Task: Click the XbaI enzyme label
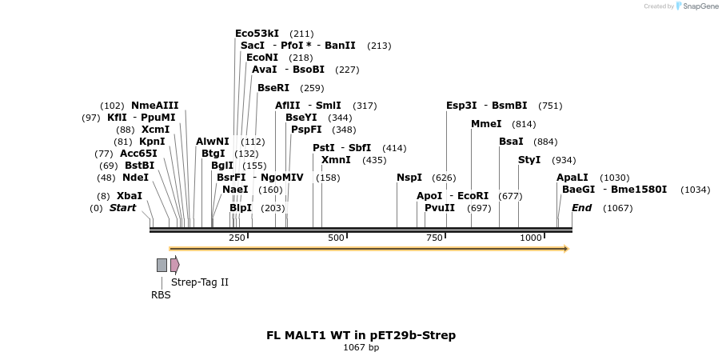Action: pyautogui.click(x=129, y=196)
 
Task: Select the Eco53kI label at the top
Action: pyautogui.click(x=257, y=34)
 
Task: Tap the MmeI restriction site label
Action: pyautogui.click(x=486, y=124)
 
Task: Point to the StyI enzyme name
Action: pyautogui.click(x=529, y=160)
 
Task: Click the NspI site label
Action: pyautogui.click(x=409, y=178)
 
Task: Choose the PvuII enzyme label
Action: pyautogui.click(x=439, y=208)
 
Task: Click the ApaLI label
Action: pyautogui.click(x=572, y=178)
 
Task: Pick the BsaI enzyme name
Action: pyautogui.click(x=511, y=142)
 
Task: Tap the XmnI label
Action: pyautogui.click(x=336, y=160)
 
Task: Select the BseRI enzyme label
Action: pyautogui.click(x=273, y=88)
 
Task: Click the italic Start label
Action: pyautogui.click(x=122, y=208)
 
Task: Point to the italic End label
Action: pyautogui.click(x=581, y=208)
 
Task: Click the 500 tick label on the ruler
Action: pyautogui.click(x=336, y=238)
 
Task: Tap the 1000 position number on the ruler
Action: pyautogui.click(x=531, y=238)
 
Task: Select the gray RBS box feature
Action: pyautogui.click(x=162, y=265)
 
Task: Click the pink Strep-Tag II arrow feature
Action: pyautogui.click(x=174, y=265)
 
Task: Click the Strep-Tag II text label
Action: pyautogui.click(x=200, y=282)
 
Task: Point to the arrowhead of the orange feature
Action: pyautogui.click(x=565, y=249)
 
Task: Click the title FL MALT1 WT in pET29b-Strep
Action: pyautogui.click(x=361, y=335)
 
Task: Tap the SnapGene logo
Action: pyautogui.click(x=696, y=6)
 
